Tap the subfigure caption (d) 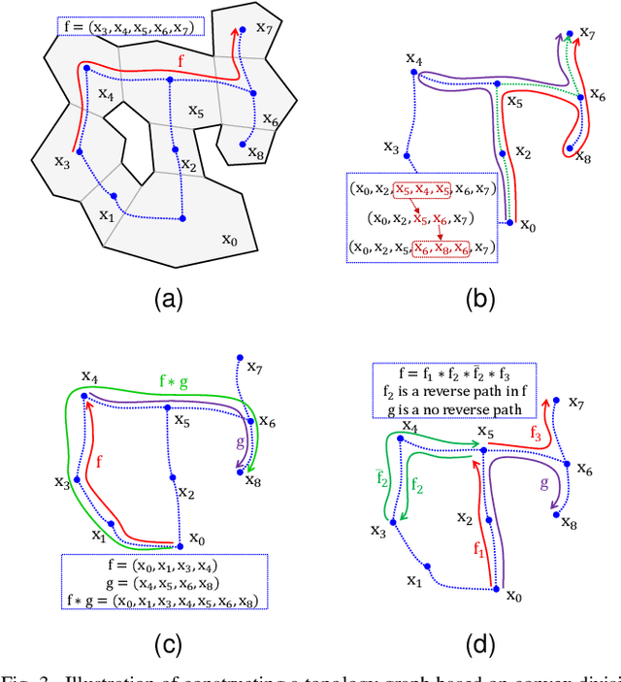point(478,644)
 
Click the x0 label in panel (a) point(231,239)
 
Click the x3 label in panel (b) point(391,147)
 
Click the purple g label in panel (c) point(242,441)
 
